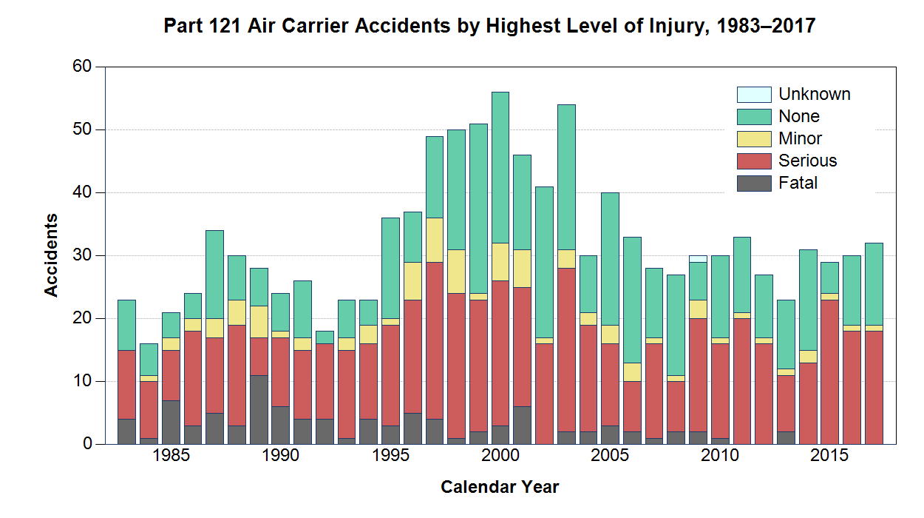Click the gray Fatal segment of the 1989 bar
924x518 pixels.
[259, 409]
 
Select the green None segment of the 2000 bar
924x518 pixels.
[500, 167]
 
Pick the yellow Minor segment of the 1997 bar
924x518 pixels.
[435, 240]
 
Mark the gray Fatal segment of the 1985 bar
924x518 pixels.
[171, 422]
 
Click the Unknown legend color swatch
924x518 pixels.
[754, 95]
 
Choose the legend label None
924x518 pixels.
[799, 117]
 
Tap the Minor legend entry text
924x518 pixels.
[801, 139]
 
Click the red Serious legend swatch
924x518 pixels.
[754, 161]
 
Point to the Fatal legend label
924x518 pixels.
[798, 184]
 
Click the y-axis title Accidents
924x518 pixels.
[51, 255]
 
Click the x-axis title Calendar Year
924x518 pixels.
[500, 488]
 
